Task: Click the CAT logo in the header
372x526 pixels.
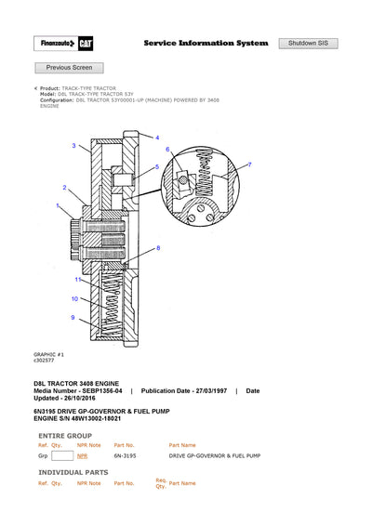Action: point(84,44)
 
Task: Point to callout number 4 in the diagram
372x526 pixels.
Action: point(157,137)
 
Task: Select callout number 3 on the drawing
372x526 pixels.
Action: point(73,146)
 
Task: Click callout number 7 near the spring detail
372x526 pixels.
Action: point(249,164)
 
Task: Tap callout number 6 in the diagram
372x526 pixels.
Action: point(167,149)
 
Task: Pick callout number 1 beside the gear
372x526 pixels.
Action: point(58,205)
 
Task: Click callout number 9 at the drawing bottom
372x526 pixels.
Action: point(73,318)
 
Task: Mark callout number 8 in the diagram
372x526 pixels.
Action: point(158,247)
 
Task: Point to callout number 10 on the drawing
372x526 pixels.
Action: point(74,298)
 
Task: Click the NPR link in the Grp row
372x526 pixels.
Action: point(82,456)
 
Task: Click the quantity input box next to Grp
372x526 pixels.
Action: point(62,456)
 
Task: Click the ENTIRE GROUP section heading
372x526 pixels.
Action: point(64,434)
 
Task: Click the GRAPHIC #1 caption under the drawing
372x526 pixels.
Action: point(47,353)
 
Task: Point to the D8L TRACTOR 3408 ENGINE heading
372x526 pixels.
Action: point(76,383)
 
